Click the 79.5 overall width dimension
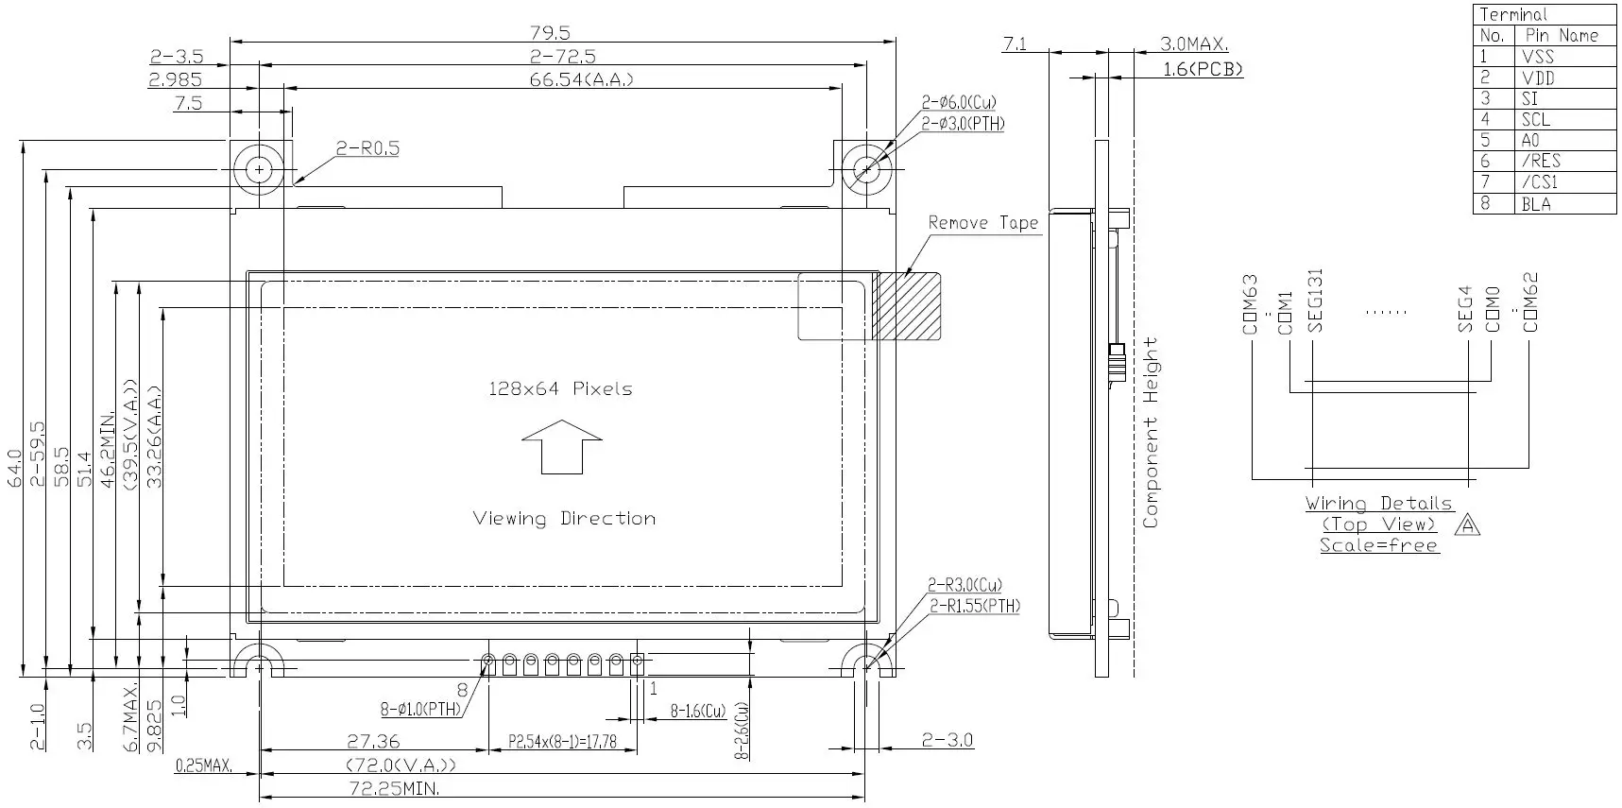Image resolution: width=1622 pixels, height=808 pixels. [550, 33]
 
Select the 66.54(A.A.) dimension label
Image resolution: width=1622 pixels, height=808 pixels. [581, 79]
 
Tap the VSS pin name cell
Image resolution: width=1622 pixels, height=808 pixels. [1538, 57]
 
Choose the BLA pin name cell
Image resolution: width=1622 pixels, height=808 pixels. [1536, 203]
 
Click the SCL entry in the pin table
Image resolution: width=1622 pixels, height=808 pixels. [1536, 119]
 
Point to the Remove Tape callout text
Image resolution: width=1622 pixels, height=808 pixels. [982, 223]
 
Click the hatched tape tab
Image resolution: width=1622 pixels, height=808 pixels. [906, 306]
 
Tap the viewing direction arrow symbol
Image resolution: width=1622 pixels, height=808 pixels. [561, 447]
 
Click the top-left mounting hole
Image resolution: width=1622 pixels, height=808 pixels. [259, 170]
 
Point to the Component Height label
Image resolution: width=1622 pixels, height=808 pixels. [1150, 432]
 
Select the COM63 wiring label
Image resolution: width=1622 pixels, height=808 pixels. [1251, 304]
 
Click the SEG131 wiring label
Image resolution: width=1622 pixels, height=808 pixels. [1315, 301]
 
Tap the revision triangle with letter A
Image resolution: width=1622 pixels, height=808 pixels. [1467, 524]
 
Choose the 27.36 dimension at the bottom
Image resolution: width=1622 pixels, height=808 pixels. [373, 742]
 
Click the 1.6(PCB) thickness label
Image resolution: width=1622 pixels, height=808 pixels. [1202, 69]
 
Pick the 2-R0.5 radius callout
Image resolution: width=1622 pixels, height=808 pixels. [367, 148]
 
